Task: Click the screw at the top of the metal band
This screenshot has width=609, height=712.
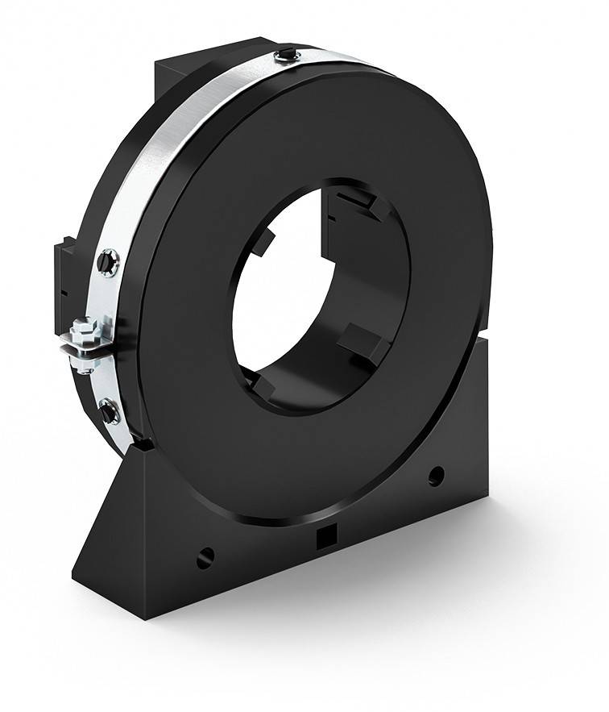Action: click(288, 55)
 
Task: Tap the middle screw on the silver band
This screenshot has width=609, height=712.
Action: click(107, 261)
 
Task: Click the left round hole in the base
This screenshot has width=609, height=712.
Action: click(205, 556)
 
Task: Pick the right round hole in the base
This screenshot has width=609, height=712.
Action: click(436, 475)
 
